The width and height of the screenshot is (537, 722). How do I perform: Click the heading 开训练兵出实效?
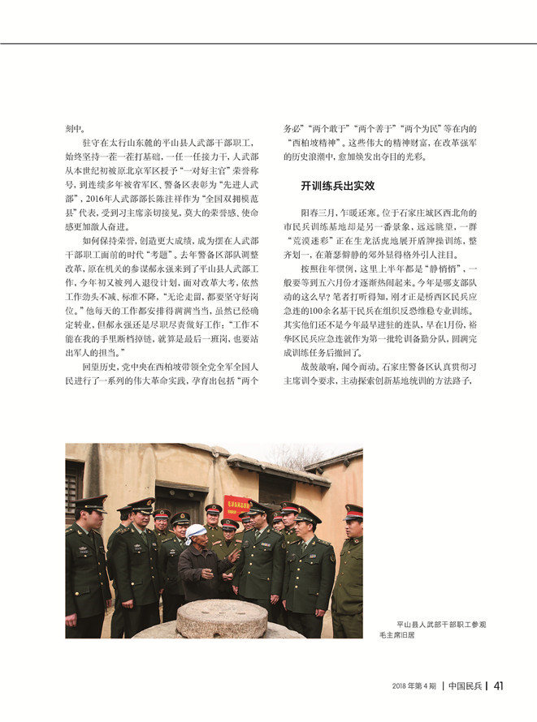click(x=337, y=186)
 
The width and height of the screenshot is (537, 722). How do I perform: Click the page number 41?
click(x=500, y=685)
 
